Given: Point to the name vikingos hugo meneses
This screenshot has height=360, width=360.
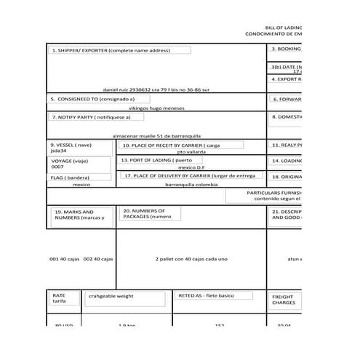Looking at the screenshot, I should pyautogui.click(x=151, y=108).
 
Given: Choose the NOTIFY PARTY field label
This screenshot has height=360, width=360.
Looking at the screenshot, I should pyautogui.click(x=92, y=116).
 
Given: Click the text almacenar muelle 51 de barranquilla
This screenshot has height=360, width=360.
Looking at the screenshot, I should pyautogui.click(x=156, y=135).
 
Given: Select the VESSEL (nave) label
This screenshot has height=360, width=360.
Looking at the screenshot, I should pyautogui.click(x=71, y=145).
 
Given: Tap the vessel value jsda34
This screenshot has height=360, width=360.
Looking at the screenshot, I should pyautogui.click(x=58, y=151).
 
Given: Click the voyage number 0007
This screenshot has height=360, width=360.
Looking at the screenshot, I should pyautogui.click(x=57, y=167).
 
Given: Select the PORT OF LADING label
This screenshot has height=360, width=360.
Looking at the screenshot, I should pyautogui.click(x=156, y=160).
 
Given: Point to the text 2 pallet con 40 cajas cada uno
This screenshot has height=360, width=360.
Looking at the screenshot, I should pyautogui.click(x=191, y=259).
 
